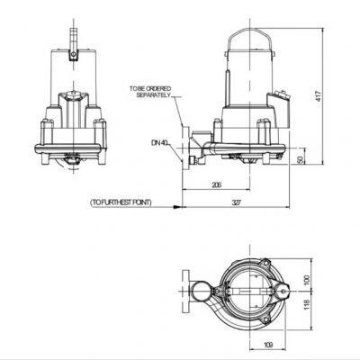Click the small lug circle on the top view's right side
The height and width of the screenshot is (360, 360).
pyautogui.click(x=280, y=291)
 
